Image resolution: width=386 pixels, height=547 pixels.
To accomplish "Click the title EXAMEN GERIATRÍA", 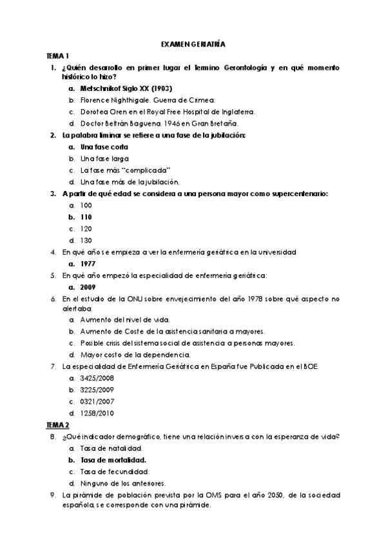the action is (x=193, y=45).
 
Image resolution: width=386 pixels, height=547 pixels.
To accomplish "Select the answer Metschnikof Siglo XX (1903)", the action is (x=126, y=88).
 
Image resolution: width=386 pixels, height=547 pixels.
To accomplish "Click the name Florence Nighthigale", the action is (x=112, y=100).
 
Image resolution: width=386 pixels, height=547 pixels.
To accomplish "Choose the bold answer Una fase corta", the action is (x=104, y=146).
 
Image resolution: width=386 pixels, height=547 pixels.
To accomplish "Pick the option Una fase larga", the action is (x=104, y=158).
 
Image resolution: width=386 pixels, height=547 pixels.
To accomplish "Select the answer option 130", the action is (x=86, y=240).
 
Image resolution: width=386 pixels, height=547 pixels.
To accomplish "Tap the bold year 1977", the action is (x=88, y=264).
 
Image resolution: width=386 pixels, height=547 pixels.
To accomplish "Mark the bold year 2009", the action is (x=88, y=287).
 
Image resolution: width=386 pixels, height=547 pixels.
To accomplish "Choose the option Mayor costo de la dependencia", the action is (x=135, y=354).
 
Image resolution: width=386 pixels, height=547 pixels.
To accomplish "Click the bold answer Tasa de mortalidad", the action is (x=113, y=460).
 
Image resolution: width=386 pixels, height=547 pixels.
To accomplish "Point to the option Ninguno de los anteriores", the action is (x=123, y=483).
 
